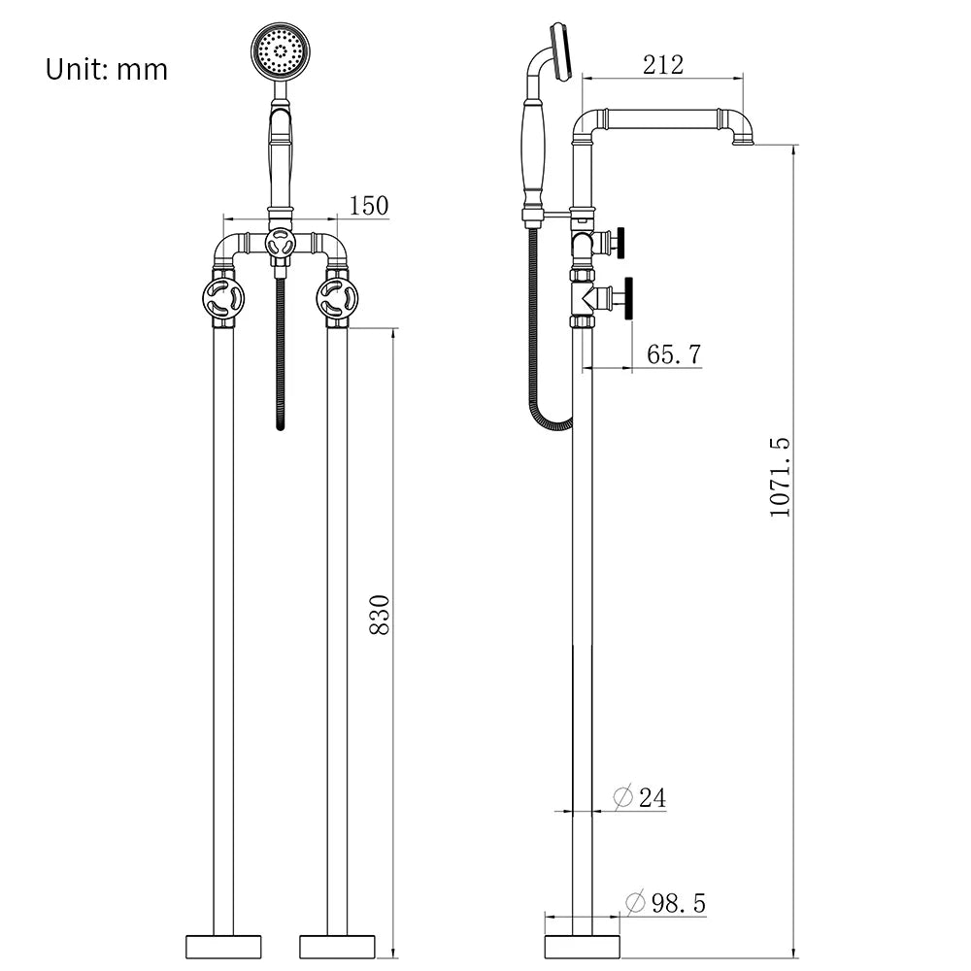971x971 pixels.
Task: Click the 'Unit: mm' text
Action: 107,70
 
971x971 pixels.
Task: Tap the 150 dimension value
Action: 368,206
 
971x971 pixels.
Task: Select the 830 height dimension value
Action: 381,615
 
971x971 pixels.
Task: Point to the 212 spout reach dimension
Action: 663,65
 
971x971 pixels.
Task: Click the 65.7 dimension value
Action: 674,354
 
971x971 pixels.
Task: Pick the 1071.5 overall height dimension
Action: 781,477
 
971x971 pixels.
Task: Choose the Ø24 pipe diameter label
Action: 640,798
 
